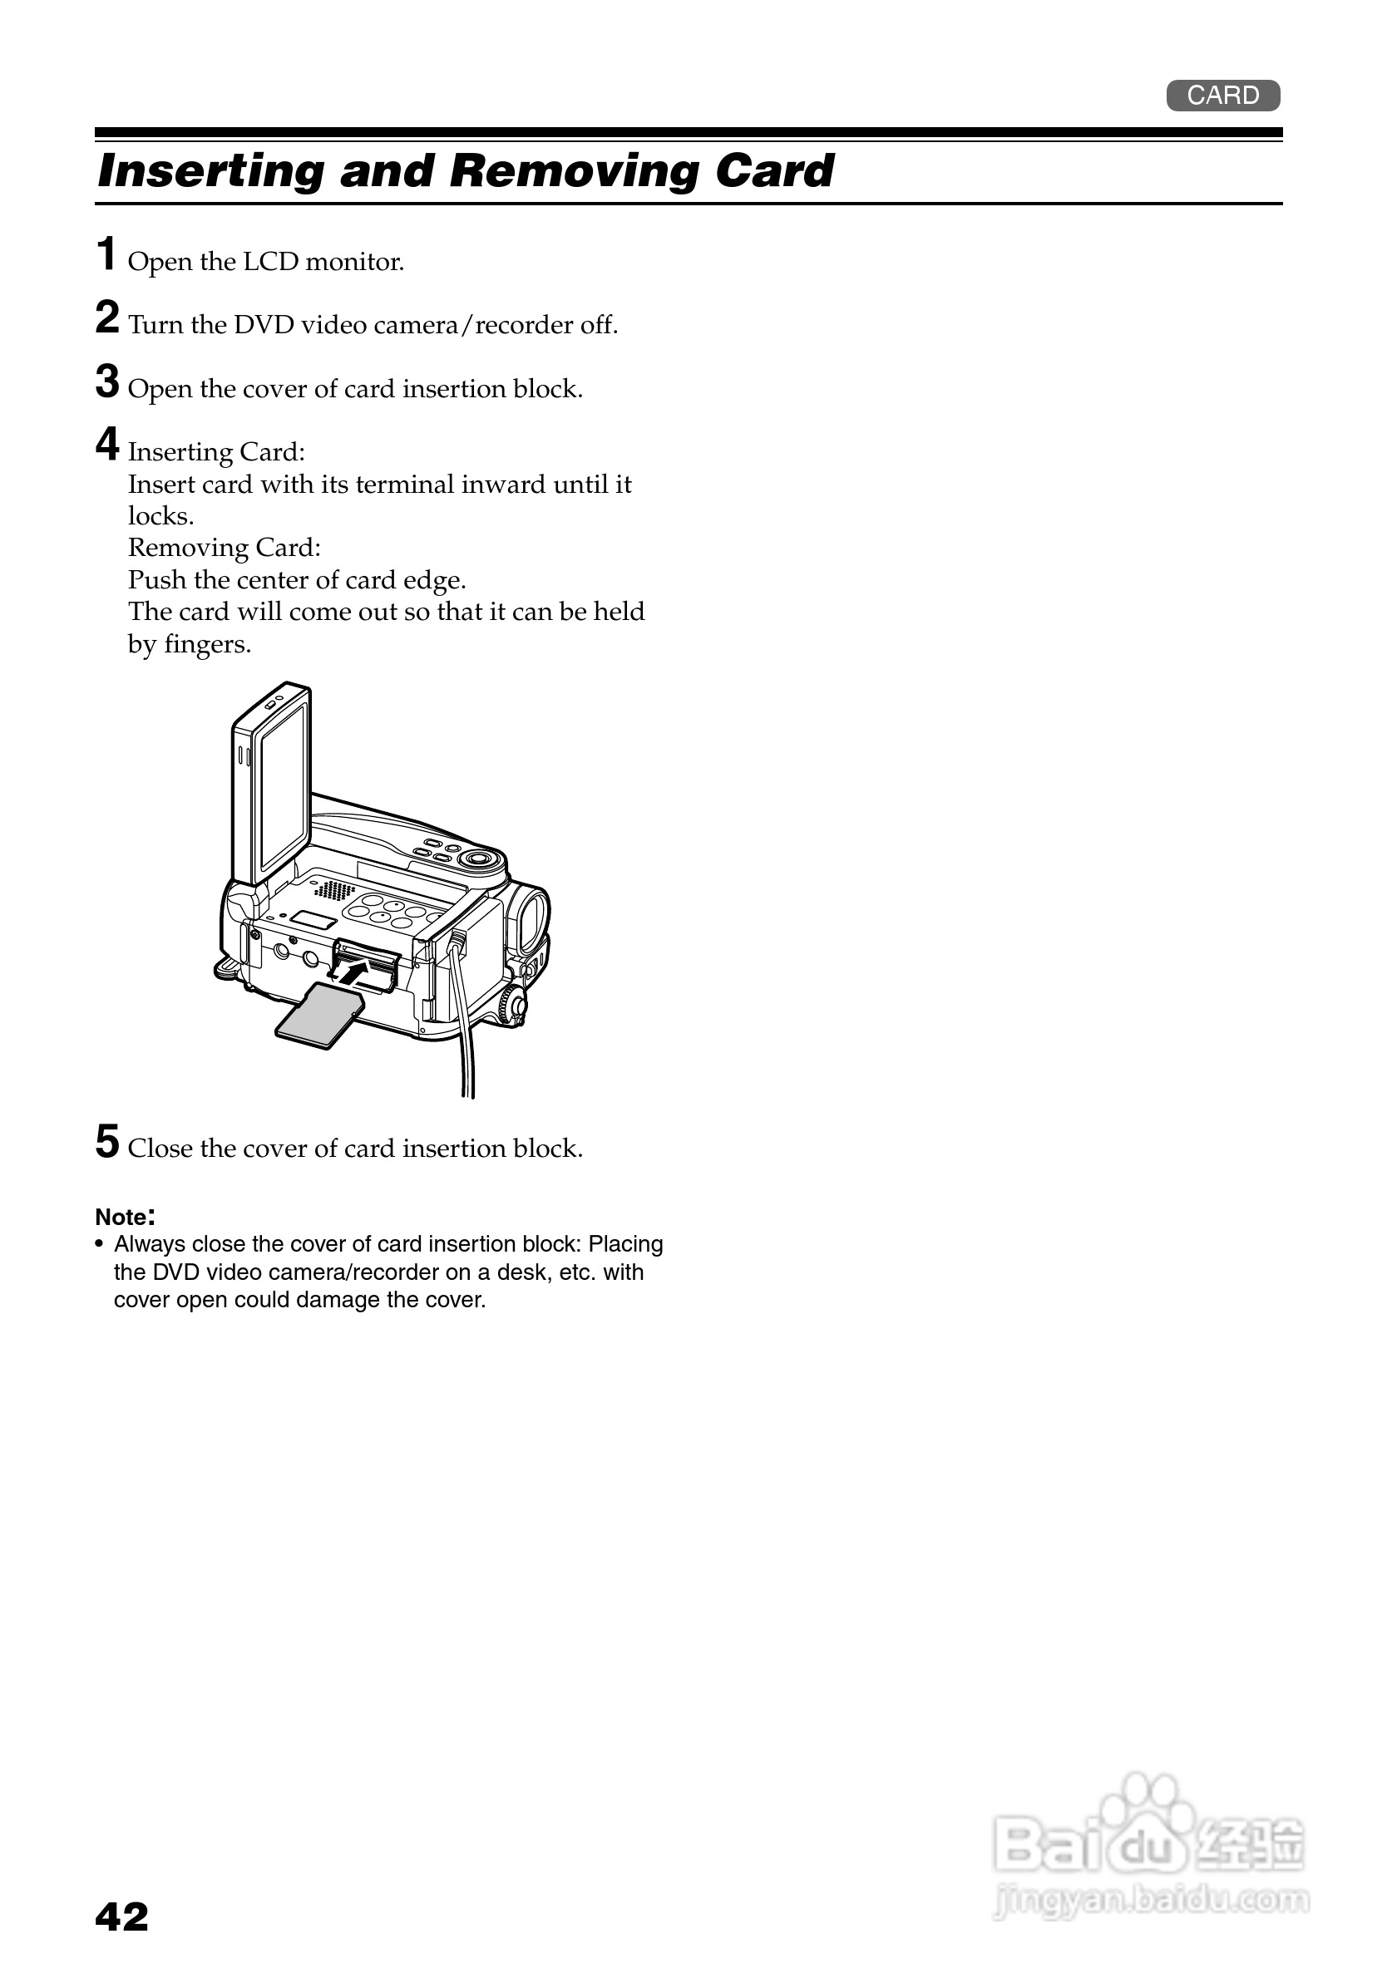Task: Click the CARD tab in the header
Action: (x=1222, y=96)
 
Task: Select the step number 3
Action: (x=107, y=381)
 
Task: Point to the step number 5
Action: (x=107, y=1143)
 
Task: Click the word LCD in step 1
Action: (x=270, y=262)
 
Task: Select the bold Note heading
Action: (x=124, y=1218)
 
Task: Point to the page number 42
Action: (x=121, y=1917)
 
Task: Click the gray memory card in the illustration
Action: (x=318, y=1016)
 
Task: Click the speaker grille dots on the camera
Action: (x=333, y=890)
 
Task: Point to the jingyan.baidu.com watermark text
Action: (x=1151, y=1900)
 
